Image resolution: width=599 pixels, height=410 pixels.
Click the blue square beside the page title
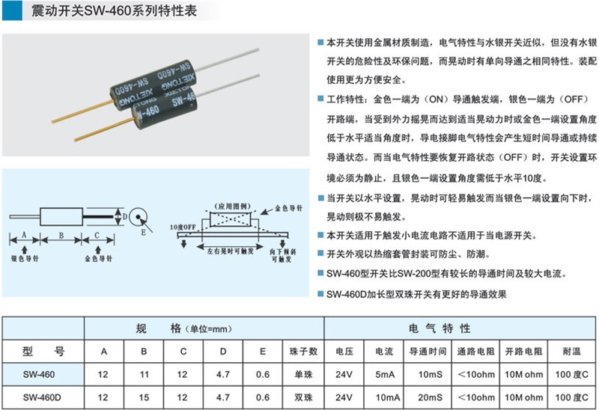pos(12,10)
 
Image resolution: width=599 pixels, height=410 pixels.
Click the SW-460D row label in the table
pos(42,397)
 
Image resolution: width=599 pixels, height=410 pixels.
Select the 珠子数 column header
pos(303,351)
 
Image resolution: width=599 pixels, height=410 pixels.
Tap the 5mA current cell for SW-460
pos(384,375)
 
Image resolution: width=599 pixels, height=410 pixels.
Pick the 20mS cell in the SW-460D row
pos(430,397)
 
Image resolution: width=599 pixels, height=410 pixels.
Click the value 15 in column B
pos(144,397)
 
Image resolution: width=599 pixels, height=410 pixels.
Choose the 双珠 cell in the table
pos(303,397)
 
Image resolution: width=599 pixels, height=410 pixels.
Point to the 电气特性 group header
pos(440,328)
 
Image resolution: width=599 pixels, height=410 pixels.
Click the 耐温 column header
pos(571,351)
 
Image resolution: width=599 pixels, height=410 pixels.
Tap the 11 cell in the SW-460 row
pos(144,375)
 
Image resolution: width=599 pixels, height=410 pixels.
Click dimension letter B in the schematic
pos(61,236)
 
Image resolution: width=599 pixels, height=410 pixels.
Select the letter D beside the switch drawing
pos(124,217)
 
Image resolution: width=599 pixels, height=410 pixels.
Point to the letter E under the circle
pos(143,232)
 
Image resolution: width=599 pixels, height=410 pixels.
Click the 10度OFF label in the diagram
pos(183,227)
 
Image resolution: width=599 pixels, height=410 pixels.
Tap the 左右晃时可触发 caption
pos(231,251)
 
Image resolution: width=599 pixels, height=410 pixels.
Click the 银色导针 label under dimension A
pos(25,258)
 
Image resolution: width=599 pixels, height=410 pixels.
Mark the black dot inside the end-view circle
pos(138,217)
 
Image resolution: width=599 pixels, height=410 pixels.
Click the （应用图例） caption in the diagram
pos(232,206)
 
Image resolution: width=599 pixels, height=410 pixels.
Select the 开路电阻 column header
pos(523,351)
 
